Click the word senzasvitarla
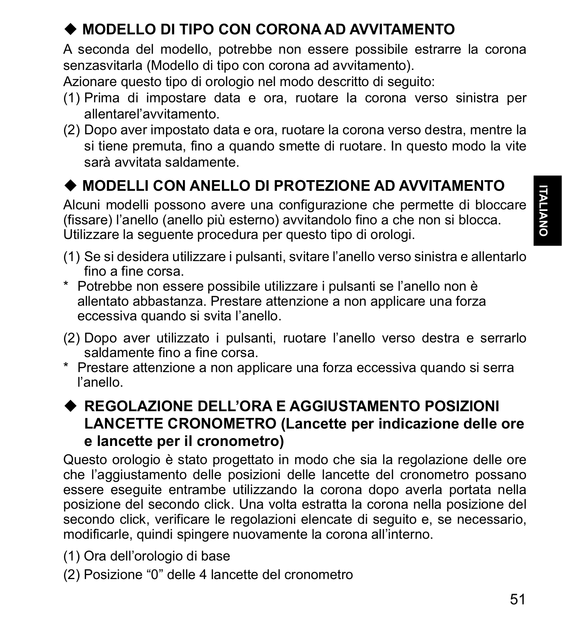point(103,65)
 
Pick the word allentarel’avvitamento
point(152,115)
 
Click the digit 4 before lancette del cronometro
point(203,574)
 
